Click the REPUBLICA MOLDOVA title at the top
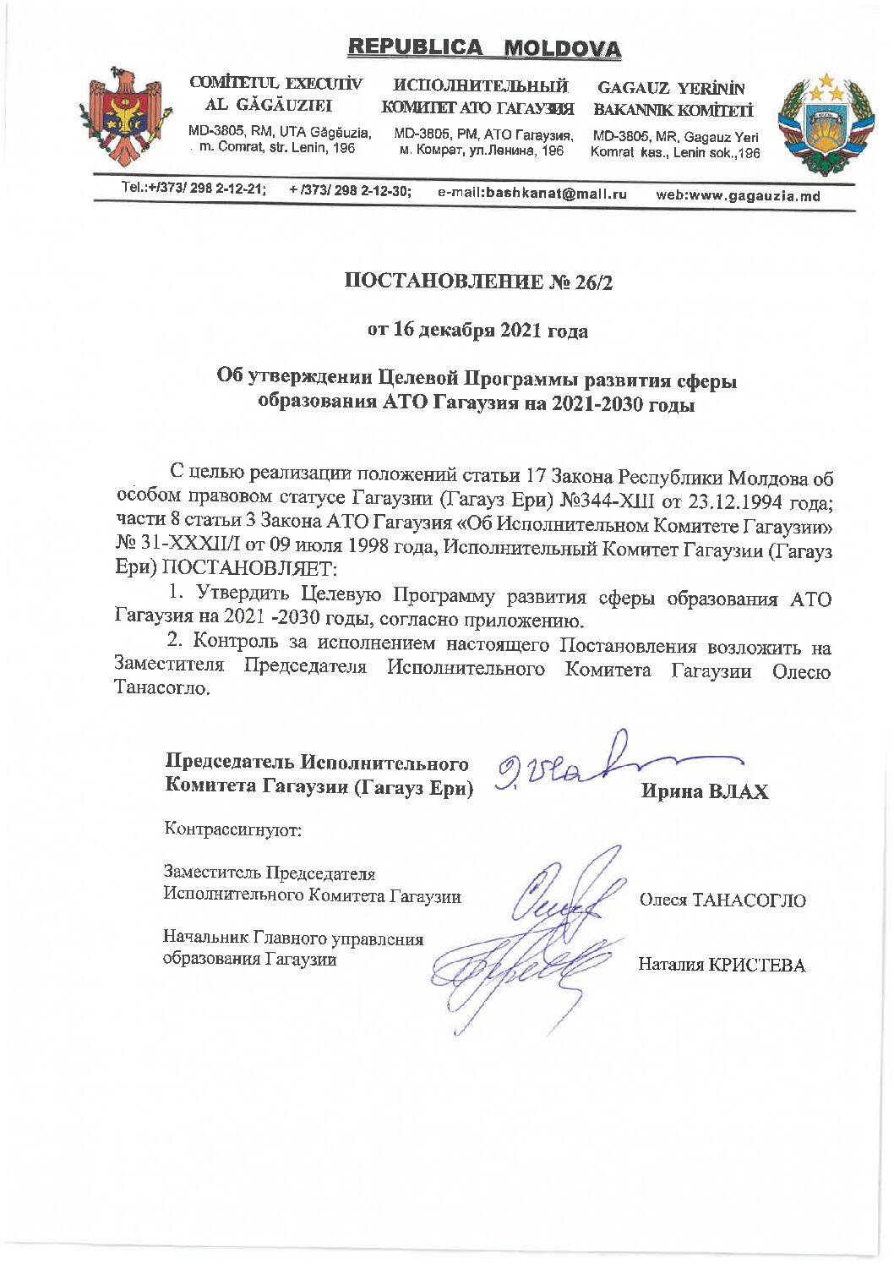(x=483, y=48)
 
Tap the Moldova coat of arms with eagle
(x=126, y=116)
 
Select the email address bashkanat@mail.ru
(x=532, y=194)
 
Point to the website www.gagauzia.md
(x=738, y=195)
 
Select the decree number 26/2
(x=585, y=282)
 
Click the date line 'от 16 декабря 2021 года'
(x=477, y=330)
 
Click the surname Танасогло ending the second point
(x=161, y=688)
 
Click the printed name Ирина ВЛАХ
(x=705, y=791)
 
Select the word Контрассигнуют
(x=233, y=829)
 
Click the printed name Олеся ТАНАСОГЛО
(x=722, y=900)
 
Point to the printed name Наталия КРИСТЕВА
(x=722, y=965)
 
